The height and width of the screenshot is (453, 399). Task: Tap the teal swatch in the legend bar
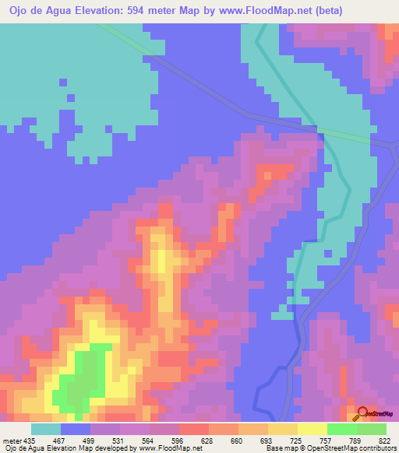pyautogui.click(x=45, y=429)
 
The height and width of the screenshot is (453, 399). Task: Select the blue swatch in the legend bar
pyautogui.click(x=75, y=429)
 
